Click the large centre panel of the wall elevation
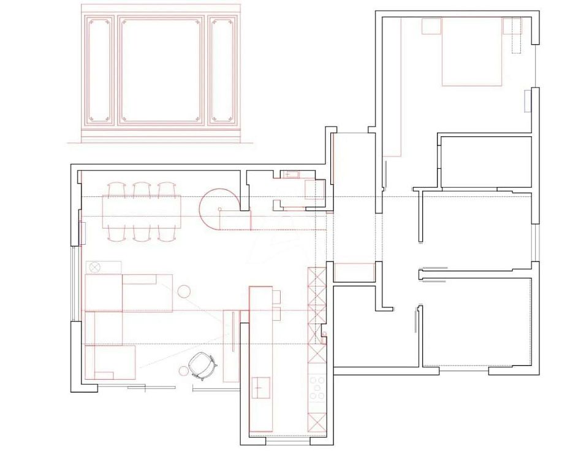point(161,70)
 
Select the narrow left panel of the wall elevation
point(98,70)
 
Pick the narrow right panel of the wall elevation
point(221,70)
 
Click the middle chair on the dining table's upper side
point(142,190)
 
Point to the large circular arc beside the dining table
point(218,207)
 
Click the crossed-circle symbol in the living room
point(94,267)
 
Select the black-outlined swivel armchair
point(202,366)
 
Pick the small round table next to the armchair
point(183,370)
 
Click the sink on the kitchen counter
point(260,387)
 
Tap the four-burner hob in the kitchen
point(317,388)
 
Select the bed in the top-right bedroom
point(472,52)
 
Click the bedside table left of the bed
point(431,26)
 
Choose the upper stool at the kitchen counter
point(276,297)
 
